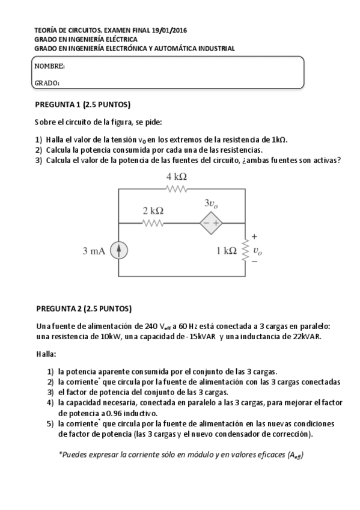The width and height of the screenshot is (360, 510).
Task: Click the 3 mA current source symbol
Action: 120,251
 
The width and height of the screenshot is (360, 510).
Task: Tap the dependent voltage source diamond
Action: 211,223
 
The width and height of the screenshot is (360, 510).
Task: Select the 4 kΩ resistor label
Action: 176,176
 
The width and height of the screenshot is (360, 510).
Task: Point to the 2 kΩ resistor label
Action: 153,211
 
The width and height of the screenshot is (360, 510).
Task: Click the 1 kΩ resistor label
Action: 226,251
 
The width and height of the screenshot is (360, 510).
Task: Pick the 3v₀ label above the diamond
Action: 211,204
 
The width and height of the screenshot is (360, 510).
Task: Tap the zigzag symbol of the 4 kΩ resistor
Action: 177,189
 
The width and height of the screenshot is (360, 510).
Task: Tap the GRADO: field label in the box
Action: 47,83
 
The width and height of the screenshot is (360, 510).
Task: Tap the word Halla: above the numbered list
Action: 45,354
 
